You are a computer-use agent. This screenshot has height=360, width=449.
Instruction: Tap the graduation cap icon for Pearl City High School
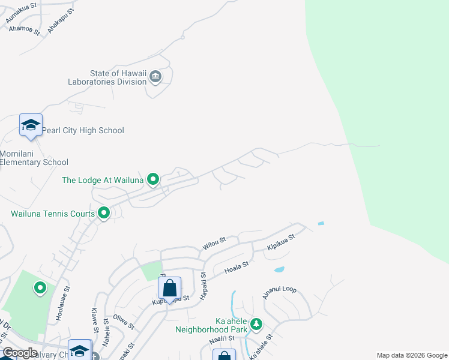point(31,125)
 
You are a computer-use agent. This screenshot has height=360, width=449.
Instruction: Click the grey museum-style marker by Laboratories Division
point(155,76)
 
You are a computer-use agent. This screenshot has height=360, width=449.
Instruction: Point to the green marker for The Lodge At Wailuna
point(153,179)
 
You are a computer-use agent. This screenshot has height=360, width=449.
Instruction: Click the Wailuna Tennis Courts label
point(53,214)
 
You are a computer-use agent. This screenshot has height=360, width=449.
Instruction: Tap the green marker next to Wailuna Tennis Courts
point(104,213)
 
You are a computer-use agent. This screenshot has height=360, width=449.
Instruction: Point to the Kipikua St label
point(282,242)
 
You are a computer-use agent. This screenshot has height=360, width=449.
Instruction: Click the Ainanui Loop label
point(279,292)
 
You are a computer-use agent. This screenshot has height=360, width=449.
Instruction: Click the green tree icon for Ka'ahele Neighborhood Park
point(256,324)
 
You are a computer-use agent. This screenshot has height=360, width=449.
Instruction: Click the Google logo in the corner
point(20,353)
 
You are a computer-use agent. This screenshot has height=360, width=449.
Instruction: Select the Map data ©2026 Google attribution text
point(411,355)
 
